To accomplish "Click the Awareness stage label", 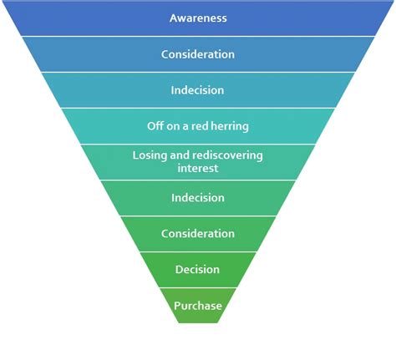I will (x=198, y=18).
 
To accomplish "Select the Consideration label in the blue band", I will (x=198, y=54).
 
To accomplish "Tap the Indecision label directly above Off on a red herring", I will (x=198, y=90).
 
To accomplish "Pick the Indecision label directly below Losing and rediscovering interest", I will (x=198, y=198).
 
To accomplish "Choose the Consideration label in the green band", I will (x=198, y=234).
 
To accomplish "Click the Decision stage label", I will (x=198, y=270).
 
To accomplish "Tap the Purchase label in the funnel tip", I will (x=198, y=306).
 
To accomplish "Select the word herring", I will (x=231, y=126).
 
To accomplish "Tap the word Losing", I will (x=151, y=156).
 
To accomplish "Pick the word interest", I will (x=198, y=168).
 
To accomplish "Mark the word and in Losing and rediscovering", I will (x=181, y=156).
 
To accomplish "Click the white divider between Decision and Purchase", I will (x=198, y=287).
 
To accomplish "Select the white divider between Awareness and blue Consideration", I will (x=198, y=36).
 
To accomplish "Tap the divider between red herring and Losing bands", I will (x=198, y=144).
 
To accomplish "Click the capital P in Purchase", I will (x=177, y=306).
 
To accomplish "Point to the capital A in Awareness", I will (x=173, y=18).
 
